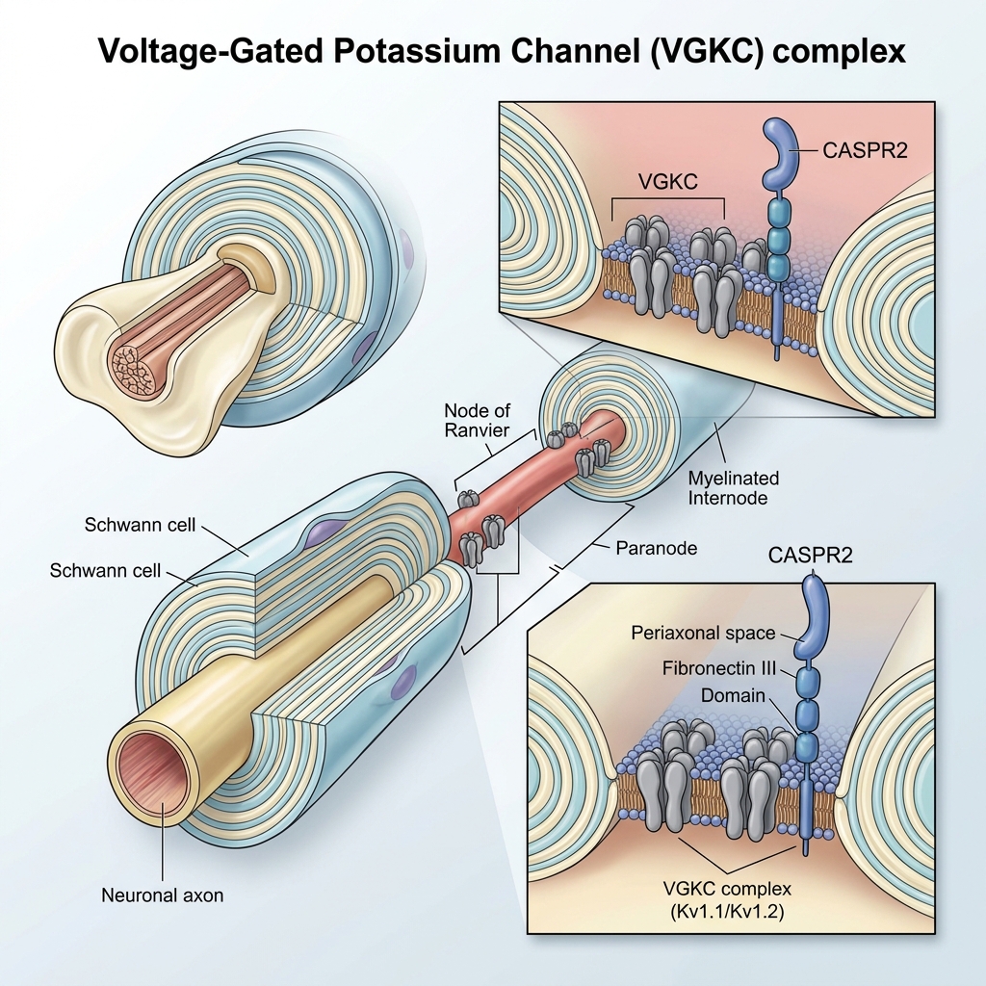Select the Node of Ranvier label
click(x=477, y=420)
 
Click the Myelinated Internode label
click(x=733, y=488)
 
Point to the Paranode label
click(x=656, y=548)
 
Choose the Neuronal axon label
click(x=162, y=895)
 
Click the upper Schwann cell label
click(x=140, y=525)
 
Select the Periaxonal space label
click(x=703, y=633)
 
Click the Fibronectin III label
click(x=718, y=668)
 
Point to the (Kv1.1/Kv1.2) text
click(x=727, y=911)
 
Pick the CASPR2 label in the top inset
click(x=865, y=150)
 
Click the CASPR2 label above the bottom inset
click(x=810, y=556)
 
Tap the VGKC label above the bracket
click(x=668, y=182)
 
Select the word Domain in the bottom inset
click(x=733, y=695)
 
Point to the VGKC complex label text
click(x=727, y=889)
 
